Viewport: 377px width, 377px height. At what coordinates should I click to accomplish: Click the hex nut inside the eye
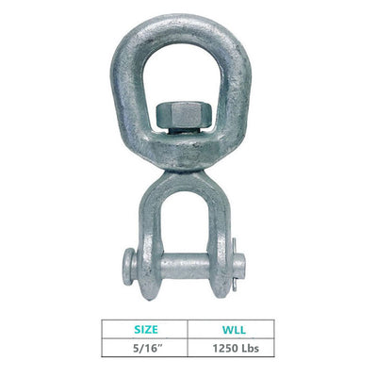[185, 114]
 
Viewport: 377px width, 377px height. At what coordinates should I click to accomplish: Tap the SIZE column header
[146, 330]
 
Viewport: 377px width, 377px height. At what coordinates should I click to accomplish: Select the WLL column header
[234, 330]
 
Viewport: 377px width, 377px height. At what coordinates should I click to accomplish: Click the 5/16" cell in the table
[145, 348]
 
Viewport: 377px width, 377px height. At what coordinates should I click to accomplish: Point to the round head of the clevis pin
[128, 267]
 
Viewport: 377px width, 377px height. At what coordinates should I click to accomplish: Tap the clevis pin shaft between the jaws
[185, 266]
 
